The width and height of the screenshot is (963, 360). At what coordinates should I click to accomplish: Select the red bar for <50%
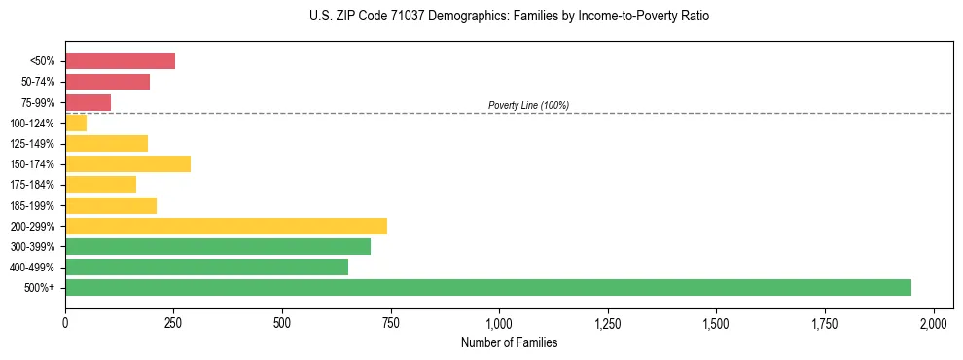tap(120, 61)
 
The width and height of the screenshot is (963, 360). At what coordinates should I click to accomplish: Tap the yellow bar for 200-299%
tap(226, 226)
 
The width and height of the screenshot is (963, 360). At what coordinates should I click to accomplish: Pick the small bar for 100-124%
tap(76, 123)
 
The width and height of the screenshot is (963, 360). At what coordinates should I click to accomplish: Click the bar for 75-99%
tap(88, 102)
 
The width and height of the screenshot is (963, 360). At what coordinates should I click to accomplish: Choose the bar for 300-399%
tap(218, 246)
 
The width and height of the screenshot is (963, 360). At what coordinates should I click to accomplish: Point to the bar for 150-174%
tap(127, 163)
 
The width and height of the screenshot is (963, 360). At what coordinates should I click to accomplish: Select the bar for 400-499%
tap(206, 267)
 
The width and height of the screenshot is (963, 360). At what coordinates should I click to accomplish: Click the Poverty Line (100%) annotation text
tap(528, 105)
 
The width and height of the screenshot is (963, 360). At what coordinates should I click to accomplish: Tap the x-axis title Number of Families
tap(509, 342)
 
